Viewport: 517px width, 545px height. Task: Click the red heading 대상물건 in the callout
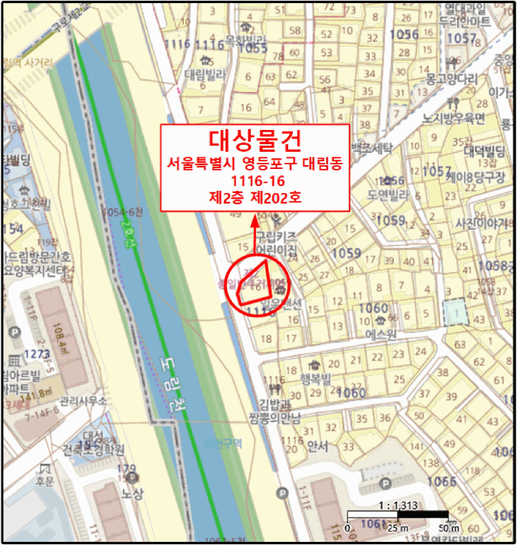point(255,141)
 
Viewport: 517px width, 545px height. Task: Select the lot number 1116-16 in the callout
point(255,181)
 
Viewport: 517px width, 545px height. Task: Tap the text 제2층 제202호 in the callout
point(255,198)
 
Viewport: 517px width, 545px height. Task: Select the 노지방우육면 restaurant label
point(453,118)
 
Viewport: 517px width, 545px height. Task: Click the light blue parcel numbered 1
point(454,312)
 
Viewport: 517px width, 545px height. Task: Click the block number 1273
point(36,353)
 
